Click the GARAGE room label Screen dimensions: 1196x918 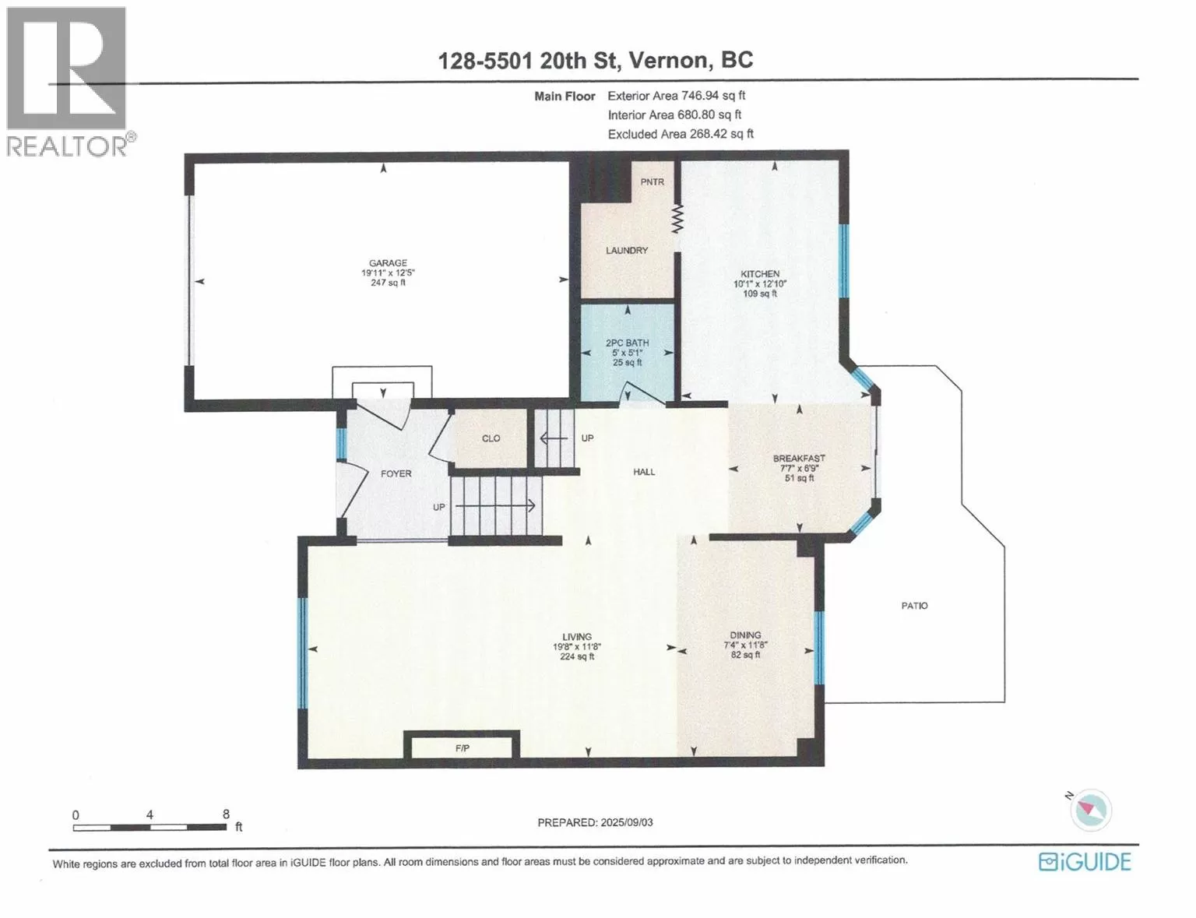click(388, 263)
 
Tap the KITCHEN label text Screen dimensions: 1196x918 click(759, 273)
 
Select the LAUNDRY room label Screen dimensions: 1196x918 click(627, 251)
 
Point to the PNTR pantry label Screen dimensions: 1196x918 click(653, 181)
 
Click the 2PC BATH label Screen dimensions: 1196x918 click(627, 343)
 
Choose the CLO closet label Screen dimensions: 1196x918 click(491, 438)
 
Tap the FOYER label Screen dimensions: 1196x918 click(396, 473)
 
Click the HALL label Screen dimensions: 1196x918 click(644, 472)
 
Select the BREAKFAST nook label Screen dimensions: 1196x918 click(799, 458)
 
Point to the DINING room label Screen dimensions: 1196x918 click(745, 635)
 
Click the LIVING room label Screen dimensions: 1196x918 click(577, 636)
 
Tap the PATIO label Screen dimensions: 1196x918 click(914, 606)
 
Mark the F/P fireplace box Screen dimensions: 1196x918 click(462, 745)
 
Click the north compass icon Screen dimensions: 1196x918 click(1089, 809)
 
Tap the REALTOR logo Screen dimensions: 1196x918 click(69, 83)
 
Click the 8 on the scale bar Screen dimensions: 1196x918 click(226, 814)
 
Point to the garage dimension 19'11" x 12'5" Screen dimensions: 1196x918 click(388, 273)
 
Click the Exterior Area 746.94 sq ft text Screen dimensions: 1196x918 click(677, 95)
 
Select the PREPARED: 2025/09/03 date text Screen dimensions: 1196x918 click(595, 822)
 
